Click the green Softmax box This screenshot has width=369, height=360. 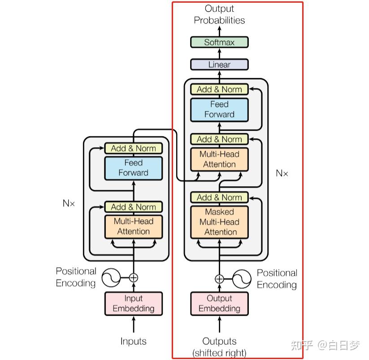click(219, 43)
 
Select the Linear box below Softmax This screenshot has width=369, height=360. click(219, 64)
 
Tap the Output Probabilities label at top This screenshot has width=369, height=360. click(219, 14)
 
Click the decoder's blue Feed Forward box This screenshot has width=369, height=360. click(219, 109)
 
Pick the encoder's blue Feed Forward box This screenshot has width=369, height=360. click(133, 168)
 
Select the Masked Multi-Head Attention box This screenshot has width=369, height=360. click(219, 222)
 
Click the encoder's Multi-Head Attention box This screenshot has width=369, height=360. click(133, 227)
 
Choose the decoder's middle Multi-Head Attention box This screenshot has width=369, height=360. click(219, 159)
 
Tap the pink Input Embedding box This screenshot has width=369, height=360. click(133, 304)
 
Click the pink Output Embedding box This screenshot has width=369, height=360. click(219, 304)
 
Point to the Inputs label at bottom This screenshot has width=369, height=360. click(133, 341)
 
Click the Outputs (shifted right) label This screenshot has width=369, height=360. click(219, 347)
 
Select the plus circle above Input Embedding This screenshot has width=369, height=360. click(133, 278)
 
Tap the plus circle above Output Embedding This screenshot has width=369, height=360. click(219, 279)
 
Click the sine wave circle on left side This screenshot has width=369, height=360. click(111, 278)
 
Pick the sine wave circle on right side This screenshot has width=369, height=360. click(241, 279)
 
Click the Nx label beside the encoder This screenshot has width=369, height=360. click(69, 203)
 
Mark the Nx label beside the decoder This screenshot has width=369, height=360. click(282, 173)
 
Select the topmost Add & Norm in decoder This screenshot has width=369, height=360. click(219, 89)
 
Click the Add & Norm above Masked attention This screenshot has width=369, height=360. click(219, 197)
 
